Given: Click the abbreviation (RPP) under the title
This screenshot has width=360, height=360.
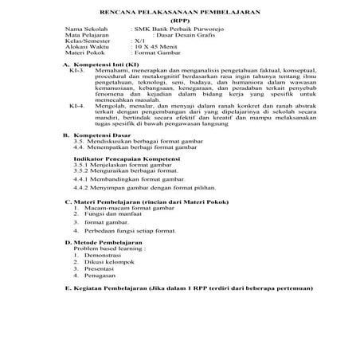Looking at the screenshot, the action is coord(181,24).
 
